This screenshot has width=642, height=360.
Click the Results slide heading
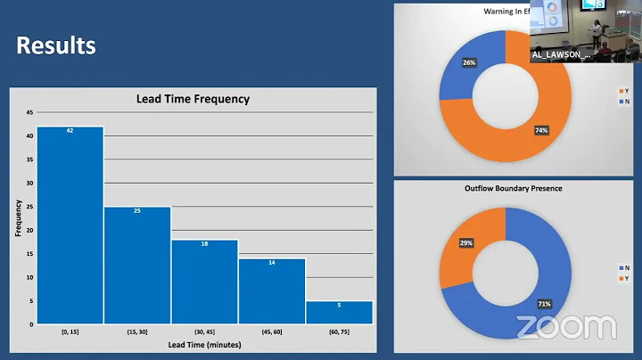[x=55, y=45]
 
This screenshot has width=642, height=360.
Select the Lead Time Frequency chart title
[x=193, y=99]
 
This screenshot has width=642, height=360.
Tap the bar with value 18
[x=204, y=281]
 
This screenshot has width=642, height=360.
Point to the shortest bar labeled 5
[x=339, y=312]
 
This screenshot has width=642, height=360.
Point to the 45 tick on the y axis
[x=29, y=112]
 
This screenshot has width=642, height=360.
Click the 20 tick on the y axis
[x=29, y=230]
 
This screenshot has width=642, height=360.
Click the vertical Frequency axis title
[x=18, y=218]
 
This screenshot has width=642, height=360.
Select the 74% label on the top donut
[x=542, y=130]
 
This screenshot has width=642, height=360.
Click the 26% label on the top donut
[x=468, y=63]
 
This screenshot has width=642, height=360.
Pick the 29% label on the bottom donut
[x=466, y=242]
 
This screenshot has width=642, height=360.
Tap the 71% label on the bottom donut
[x=544, y=304]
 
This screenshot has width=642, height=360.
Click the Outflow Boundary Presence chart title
[x=513, y=189]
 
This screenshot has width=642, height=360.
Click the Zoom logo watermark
[x=565, y=327]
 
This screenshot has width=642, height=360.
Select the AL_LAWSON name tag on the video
[x=561, y=54]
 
